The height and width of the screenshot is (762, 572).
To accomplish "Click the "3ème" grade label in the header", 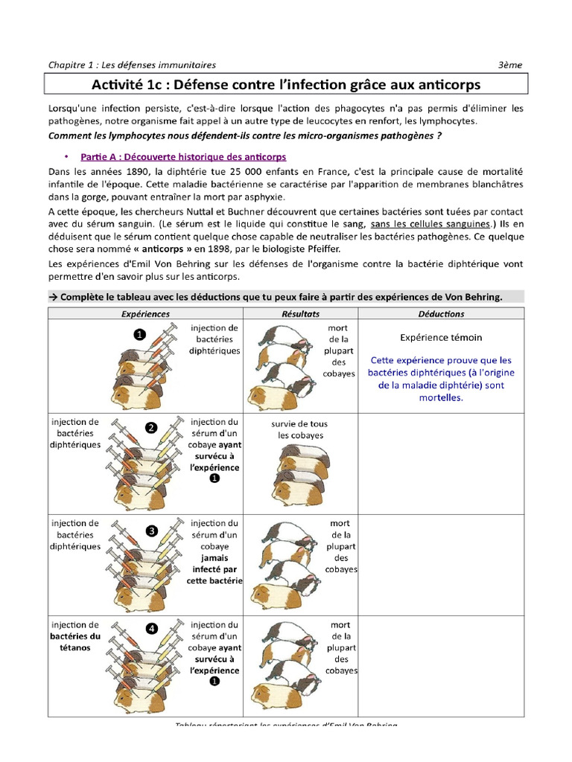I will click(511, 65).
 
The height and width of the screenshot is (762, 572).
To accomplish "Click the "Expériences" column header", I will click(145, 314).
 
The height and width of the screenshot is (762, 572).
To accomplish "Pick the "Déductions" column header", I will click(441, 314).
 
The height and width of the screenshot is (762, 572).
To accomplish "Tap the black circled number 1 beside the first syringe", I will click(139, 335).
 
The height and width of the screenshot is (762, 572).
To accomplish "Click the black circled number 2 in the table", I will click(151, 427).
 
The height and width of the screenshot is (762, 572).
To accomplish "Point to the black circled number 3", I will click(151, 531).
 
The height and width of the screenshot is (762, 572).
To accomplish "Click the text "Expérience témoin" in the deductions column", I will click(441, 337).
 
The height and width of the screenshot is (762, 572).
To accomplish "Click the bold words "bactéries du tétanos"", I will click(74, 641).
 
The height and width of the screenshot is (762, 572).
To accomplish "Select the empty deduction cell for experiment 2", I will click(441, 461).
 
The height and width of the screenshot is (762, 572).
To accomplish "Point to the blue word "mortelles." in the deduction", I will click(441, 397).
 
